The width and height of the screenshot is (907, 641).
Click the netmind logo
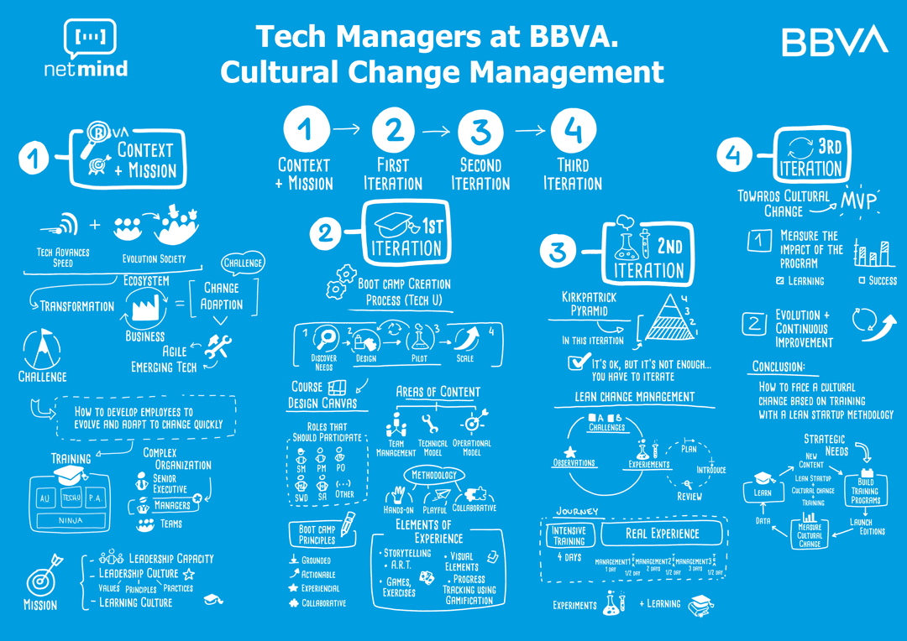pyautogui.click(x=87, y=48)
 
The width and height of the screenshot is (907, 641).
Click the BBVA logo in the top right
pyautogui.click(x=834, y=41)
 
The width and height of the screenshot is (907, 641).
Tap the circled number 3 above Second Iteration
pyautogui.click(x=480, y=131)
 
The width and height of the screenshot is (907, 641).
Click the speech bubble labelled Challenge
pyautogui.click(x=243, y=263)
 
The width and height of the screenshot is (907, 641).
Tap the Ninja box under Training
pyautogui.click(x=66, y=521)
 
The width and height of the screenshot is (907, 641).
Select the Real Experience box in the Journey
pyautogui.click(x=662, y=533)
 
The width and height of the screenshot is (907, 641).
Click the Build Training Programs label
pyautogui.click(x=865, y=491)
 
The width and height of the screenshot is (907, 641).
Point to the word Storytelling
pyautogui.click(x=407, y=554)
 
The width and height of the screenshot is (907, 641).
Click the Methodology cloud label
pyautogui.click(x=434, y=476)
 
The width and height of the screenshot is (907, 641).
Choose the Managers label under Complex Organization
pyautogui.click(x=171, y=506)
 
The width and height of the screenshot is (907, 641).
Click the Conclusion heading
pyautogui.click(x=779, y=367)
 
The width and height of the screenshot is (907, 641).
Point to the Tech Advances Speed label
pyautogui.click(x=63, y=257)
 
